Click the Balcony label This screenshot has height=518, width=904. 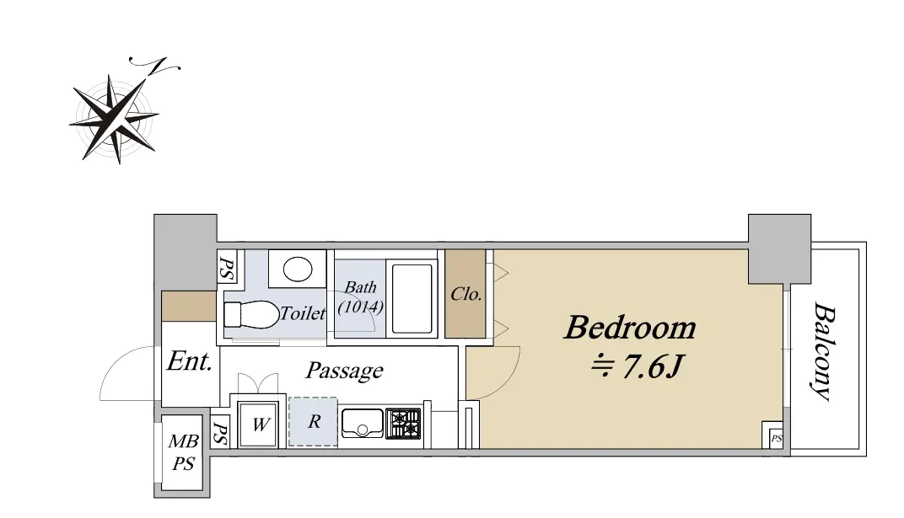pos(825,351)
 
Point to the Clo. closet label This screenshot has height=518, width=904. pos(465,294)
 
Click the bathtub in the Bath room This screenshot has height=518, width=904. pos(412,298)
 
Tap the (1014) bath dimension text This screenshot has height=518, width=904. pos(360,307)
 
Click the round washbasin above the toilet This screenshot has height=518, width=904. pos(298,269)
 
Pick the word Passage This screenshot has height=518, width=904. pos(344,371)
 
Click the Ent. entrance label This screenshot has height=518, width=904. pos(190,361)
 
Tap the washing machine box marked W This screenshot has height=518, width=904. pos(258,425)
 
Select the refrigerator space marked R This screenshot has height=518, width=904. pos(313,421)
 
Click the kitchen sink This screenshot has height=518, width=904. pos(362,423)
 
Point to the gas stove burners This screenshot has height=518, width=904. pos(404,424)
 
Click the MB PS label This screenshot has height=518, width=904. pos(183,452)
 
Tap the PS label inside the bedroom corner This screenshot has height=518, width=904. pos(777,439)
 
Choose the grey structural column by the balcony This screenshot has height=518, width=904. pos(779,248)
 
